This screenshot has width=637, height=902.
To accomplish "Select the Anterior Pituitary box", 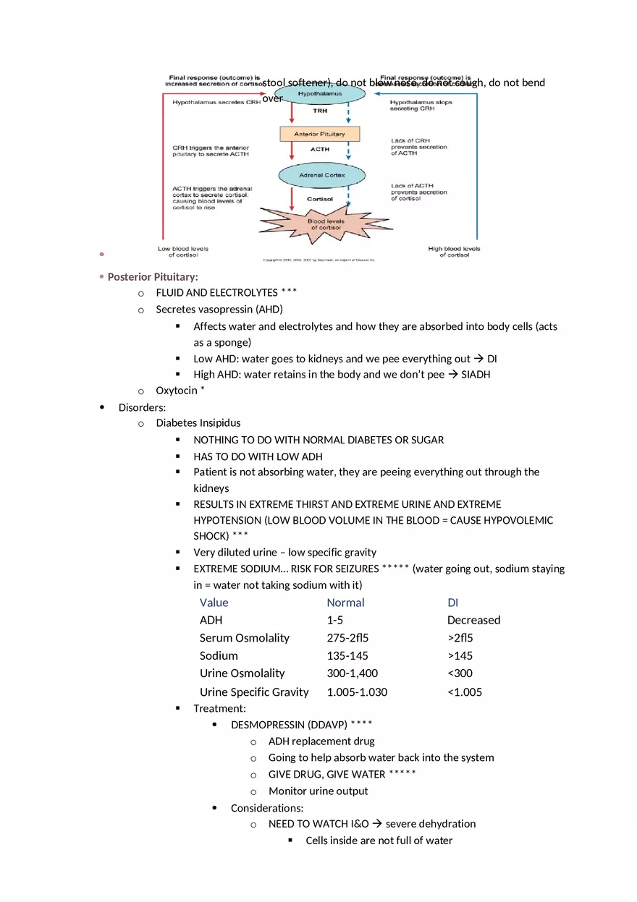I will click(x=319, y=134).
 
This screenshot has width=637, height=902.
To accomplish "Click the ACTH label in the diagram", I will click(x=319, y=150).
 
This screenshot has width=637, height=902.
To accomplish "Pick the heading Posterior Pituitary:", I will click(x=153, y=277).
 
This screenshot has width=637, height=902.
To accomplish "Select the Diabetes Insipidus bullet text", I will click(x=198, y=422).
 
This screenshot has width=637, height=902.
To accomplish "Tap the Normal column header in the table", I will click(x=345, y=603).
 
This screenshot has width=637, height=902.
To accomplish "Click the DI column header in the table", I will click(x=453, y=603).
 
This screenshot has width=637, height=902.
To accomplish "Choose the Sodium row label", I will click(x=219, y=655).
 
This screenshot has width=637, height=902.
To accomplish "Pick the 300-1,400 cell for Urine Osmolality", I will click(x=352, y=673).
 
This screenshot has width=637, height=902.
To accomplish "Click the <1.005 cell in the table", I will click(x=465, y=692).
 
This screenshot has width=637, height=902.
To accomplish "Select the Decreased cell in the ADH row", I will click(x=473, y=620).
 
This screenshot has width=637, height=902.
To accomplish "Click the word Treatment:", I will click(x=219, y=708).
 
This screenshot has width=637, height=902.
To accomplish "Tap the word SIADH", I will click(x=476, y=375).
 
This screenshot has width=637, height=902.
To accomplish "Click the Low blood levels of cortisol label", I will click(x=182, y=252).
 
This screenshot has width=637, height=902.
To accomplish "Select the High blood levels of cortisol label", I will click(x=454, y=252).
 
